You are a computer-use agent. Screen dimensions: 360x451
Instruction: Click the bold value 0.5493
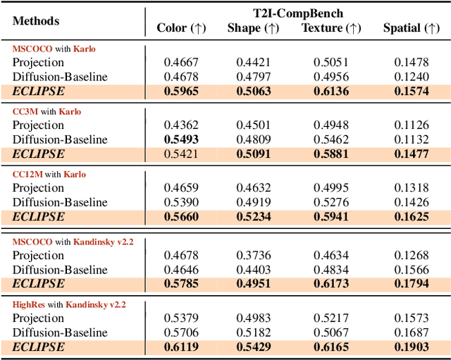(x=181, y=139)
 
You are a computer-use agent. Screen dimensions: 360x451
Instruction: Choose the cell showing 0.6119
(x=181, y=347)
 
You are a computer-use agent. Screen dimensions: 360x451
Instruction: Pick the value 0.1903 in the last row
(x=412, y=347)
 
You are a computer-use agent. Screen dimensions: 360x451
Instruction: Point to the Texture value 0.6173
(x=331, y=284)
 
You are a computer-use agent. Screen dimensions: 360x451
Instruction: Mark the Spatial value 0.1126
(x=412, y=125)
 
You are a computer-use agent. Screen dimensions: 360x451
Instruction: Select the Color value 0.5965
(x=181, y=91)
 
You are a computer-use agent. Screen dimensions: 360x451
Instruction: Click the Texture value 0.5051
(x=331, y=63)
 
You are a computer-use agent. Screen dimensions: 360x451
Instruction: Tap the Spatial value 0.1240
(x=412, y=77)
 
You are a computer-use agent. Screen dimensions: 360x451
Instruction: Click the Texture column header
(x=331, y=28)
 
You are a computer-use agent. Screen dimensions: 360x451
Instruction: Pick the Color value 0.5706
(x=181, y=333)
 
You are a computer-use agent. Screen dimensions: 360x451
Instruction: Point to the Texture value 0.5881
(x=331, y=154)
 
